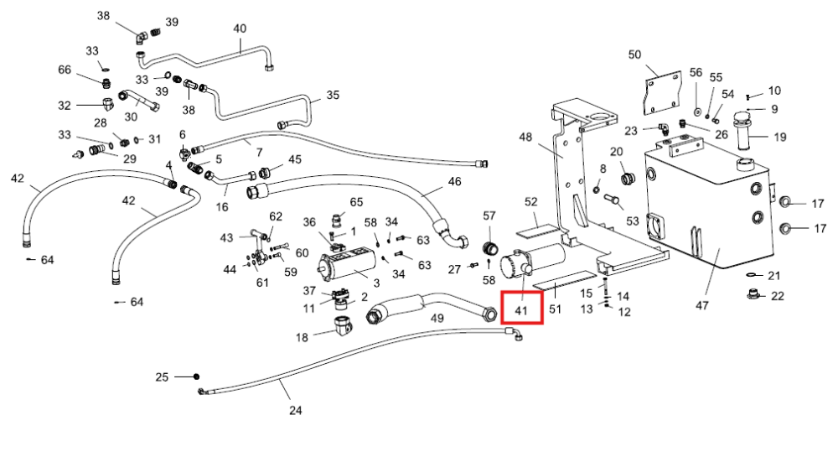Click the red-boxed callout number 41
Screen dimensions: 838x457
[x=521, y=310]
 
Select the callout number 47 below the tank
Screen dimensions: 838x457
[x=701, y=305]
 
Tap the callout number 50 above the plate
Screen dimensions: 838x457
[x=634, y=55]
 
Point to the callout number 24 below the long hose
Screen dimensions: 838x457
[x=296, y=411]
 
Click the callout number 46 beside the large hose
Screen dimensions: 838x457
[x=454, y=182]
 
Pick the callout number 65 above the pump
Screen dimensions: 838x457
[x=356, y=202]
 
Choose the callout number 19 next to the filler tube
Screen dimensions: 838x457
[x=780, y=138]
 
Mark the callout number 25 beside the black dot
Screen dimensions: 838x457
[x=162, y=377]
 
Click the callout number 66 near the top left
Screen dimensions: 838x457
[x=65, y=70]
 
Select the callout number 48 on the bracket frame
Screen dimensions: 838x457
[x=525, y=138]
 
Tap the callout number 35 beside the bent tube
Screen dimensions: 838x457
[x=333, y=95]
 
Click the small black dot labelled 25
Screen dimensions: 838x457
[x=196, y=377]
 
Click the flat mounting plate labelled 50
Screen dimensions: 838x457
[x=663, y=93]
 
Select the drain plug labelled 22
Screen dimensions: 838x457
[x=753, y=293]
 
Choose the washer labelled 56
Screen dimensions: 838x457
[x=697, y=112]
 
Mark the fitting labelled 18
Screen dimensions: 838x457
[x=343, y=325]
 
